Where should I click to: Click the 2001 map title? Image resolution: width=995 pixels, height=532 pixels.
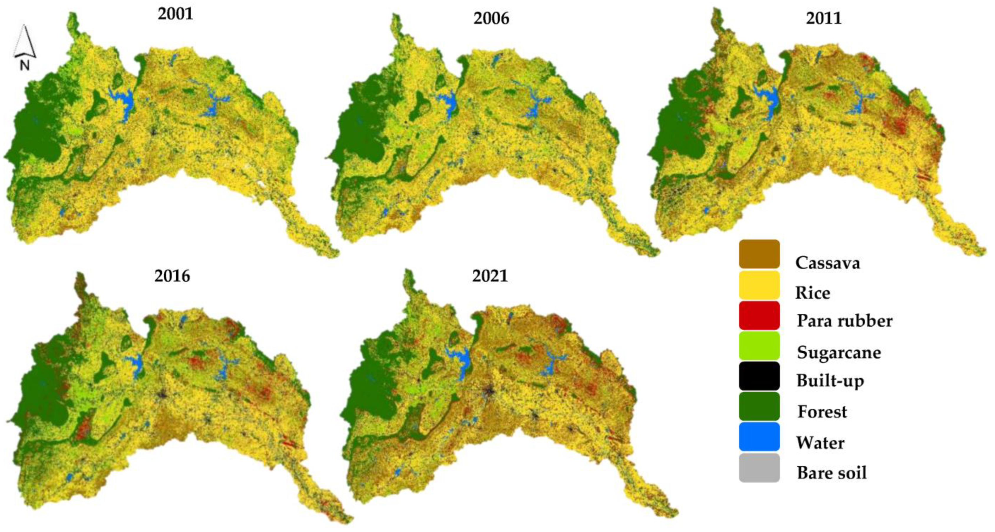(175, 14)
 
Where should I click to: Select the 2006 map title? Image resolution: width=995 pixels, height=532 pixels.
(491, 18)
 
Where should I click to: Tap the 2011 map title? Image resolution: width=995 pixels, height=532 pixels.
(824, 18)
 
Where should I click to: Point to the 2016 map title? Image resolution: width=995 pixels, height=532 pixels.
(172, 276)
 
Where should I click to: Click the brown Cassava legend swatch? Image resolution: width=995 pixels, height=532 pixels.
(759, 254)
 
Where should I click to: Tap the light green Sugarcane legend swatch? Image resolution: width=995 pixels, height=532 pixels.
(759, 346)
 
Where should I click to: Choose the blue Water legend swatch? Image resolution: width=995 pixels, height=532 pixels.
(759, 437)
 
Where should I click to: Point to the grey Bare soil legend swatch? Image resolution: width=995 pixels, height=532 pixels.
(759, 468)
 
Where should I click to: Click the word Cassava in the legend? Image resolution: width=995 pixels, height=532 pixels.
(827, 263)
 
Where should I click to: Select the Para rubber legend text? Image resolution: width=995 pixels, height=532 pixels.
(844, 321)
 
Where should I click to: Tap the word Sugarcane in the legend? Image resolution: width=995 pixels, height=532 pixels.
(839, 352)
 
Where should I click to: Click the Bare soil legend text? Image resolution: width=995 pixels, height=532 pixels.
(832, 473)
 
